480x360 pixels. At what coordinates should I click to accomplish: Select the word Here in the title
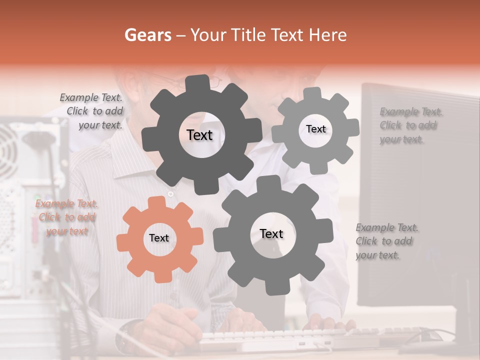[328, 35]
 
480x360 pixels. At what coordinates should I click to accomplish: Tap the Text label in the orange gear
[159, 238]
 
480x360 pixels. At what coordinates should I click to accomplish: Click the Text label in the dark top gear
[199, 135]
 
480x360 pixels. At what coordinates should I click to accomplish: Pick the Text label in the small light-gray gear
[315, 129]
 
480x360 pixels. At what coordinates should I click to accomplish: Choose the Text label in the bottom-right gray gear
[271, 233]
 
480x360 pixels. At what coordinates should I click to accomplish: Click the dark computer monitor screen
[420, 200]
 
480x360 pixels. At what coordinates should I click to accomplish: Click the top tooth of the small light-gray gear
[312, 93]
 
